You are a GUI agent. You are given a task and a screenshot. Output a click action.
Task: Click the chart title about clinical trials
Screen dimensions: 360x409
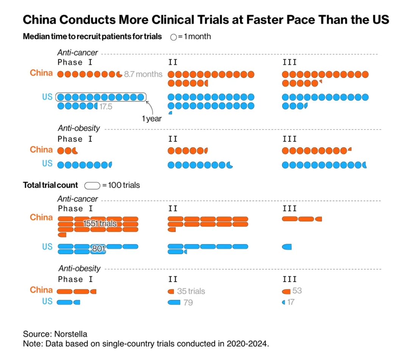pos(206,20)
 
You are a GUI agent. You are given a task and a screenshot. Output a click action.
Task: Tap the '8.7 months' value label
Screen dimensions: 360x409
pos(143,74)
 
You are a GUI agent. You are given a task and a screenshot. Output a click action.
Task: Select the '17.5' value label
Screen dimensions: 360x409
pos(106,107)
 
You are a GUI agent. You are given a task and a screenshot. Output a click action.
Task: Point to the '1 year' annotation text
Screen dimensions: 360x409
pos(151,119)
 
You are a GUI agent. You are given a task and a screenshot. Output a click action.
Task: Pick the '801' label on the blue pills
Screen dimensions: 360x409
pos(98,249)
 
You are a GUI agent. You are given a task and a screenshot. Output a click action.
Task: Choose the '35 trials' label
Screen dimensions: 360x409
pos(191,291)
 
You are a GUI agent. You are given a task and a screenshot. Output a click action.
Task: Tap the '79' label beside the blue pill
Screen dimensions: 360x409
pos(188,303)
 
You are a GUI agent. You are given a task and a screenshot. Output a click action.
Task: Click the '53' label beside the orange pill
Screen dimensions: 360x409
pos(297,291)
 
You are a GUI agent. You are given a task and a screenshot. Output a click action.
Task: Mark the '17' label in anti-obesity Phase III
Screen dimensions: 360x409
pos(290,302)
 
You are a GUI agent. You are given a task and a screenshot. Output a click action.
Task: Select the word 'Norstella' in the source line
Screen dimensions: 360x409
pos(71,334)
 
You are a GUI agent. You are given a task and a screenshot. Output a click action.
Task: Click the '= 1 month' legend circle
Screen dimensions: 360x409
pos(173,37)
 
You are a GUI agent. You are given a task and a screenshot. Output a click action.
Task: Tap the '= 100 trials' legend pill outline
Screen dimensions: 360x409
pos(92,186)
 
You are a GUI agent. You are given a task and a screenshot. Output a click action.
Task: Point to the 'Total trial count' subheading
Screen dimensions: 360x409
pos(50,185)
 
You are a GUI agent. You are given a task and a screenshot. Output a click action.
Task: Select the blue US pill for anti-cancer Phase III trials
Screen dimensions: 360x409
pos(287,247)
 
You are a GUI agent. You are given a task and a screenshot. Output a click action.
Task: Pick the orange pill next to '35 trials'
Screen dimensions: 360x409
pos(171,291)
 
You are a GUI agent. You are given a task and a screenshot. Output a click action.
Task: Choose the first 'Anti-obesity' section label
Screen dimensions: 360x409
pos(79,128)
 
